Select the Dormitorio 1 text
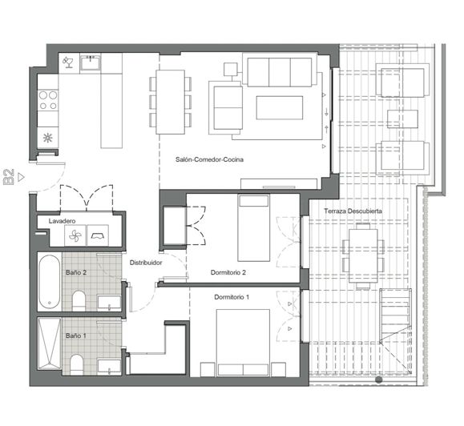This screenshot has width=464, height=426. click(232, 297)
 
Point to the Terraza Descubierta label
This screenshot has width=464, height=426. click(353, 211)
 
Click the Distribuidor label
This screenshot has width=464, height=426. click(147, 262)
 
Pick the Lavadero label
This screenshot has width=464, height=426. click(62, 220)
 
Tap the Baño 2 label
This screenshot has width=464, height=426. click(77, 273)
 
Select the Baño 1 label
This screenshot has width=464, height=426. click(76, 336)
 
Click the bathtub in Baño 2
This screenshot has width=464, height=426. click(50, 280)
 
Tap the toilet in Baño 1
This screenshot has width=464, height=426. click(78, 363)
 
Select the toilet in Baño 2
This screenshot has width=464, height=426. click(79, 300)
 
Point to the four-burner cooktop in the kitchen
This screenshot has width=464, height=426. click(48, 99)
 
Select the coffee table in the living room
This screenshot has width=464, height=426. click(279, 107)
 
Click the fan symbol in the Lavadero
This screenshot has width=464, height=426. click(75, 235)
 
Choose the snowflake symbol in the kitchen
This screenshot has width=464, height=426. click(48, 136)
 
